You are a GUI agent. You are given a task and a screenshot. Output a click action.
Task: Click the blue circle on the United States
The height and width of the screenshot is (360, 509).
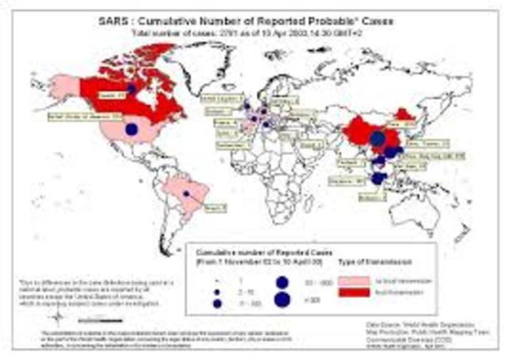[x=132, y=129]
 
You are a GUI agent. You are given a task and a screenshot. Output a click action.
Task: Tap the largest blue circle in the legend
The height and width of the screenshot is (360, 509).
[x=282, y=299]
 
